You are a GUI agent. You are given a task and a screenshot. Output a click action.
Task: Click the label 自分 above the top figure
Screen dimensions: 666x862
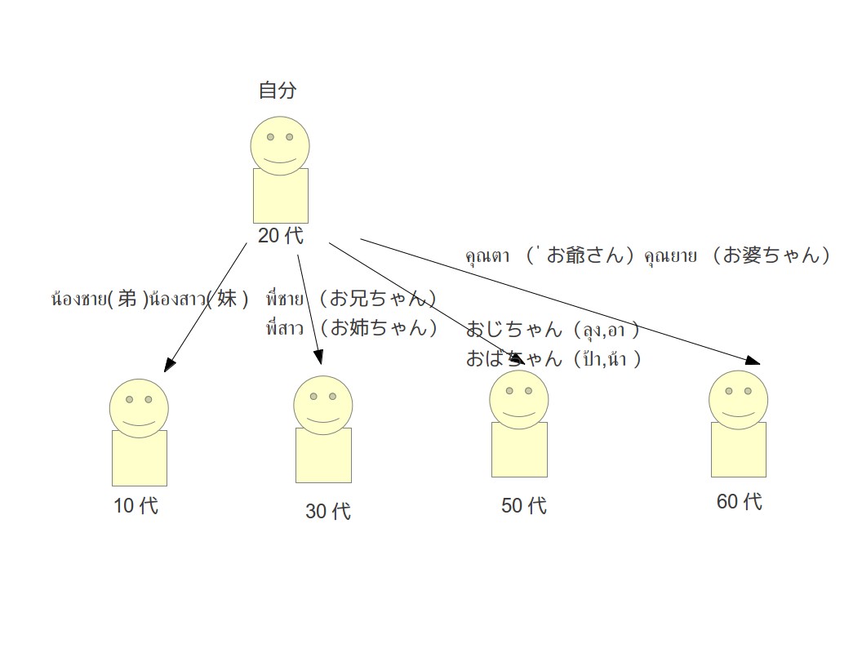(278, 91)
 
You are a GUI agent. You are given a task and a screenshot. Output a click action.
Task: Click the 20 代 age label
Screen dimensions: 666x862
(280, 236)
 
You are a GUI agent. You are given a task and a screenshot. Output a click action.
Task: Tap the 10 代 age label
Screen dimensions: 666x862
(136, 506)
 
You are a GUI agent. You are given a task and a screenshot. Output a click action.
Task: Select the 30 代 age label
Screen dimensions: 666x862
(328, 512)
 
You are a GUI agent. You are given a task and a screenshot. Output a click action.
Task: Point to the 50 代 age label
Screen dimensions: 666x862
(524, 506)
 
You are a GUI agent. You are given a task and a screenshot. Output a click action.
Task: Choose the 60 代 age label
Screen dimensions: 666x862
(740, 502)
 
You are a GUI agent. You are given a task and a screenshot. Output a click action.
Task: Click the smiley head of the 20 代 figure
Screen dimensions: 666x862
(280, 146)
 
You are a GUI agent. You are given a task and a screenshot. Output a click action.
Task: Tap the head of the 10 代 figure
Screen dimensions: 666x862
(140, 408)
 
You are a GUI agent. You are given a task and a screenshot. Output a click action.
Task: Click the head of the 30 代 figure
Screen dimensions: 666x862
(323, 405)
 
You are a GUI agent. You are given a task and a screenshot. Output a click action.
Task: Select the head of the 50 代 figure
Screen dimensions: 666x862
(519, 400)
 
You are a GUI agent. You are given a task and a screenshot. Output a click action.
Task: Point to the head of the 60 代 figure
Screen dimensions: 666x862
(738, 400)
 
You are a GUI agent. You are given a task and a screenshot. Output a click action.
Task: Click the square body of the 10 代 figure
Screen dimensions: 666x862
(140, 458)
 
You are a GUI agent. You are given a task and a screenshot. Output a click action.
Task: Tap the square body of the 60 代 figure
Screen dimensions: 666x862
(738, 450)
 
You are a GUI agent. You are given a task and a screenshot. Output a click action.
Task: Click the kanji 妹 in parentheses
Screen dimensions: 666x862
(227, 300)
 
